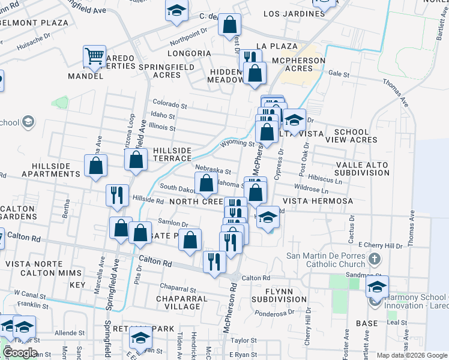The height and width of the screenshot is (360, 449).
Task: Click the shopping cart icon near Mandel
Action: point(95,57)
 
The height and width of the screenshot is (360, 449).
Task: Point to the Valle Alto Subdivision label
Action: point(362,169)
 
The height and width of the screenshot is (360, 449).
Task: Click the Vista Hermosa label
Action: point(318,202)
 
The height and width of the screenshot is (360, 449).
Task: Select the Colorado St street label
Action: point(170,103)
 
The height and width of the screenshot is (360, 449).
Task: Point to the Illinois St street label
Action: point(163,128)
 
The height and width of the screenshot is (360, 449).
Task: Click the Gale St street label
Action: point(339,74)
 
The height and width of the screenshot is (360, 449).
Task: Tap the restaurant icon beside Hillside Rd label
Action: point(116,195)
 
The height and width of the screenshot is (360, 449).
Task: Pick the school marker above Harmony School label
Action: point(377,287)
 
